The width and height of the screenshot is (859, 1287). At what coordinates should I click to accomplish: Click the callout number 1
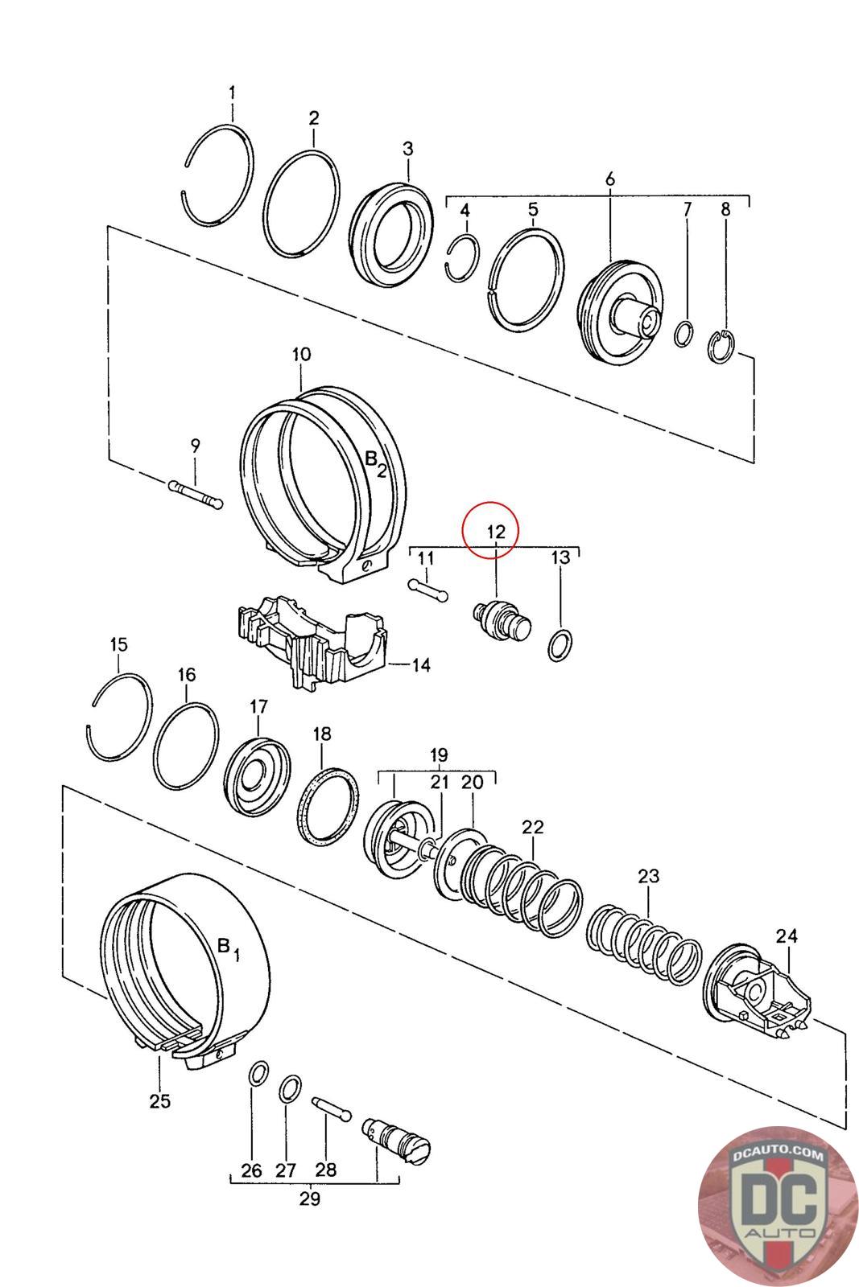233,93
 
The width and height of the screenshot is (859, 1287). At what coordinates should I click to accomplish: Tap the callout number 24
787,936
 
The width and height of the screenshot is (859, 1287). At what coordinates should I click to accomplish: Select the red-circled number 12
496,531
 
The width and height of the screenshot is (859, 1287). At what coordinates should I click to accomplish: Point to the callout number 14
422,664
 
